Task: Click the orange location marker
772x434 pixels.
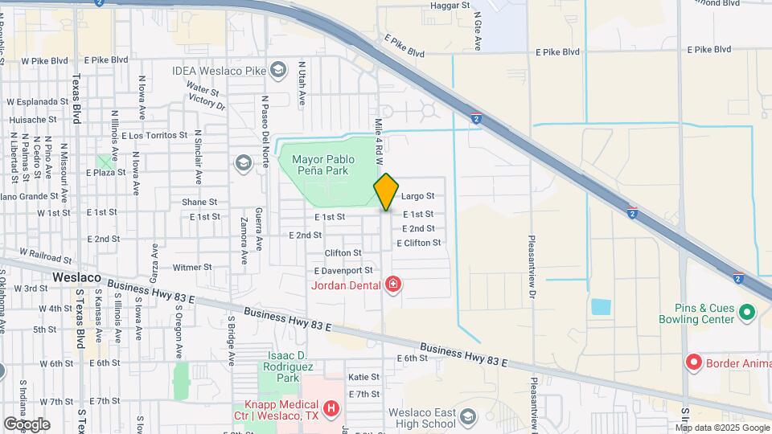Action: pyautogui.click(x=386, y=192)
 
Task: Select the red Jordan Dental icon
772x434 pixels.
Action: pyautogui.click(x=392, y=285)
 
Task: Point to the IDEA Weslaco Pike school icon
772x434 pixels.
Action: pyautogui.click(x=278, y=70)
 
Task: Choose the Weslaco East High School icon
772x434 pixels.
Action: pyautogui.click(x=468, y=416)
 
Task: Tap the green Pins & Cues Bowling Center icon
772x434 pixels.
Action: pyautogui.click(x=746, y=312)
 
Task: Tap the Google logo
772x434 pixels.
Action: pyautogui.click(x=27, y=424)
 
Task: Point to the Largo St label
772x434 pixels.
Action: pyautogui.click(x=417, y=195)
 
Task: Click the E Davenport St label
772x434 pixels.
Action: pyautogui.click(x=343, y=271)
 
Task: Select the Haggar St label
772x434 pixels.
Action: pyautogui.click(x=450, y=6)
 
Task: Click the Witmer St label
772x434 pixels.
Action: pyautogui.click(x=192, y=267)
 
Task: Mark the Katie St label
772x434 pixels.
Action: pyautogui.click(x=363, y=376)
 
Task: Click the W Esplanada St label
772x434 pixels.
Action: pyautogui.click(x=37, y=102)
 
